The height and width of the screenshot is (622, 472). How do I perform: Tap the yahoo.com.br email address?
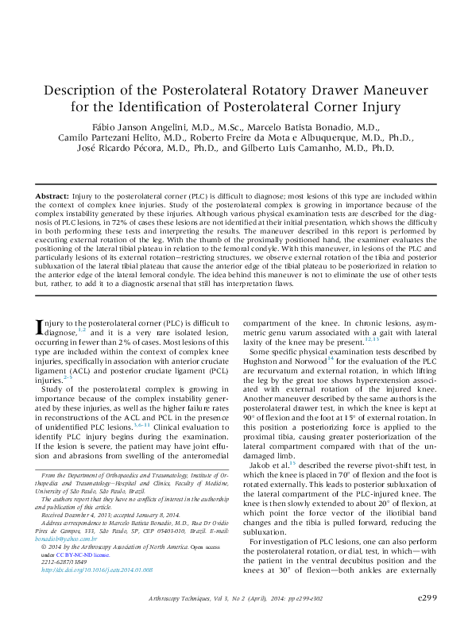coord(67,516)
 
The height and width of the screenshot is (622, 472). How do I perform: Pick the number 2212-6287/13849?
coord(67,539)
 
